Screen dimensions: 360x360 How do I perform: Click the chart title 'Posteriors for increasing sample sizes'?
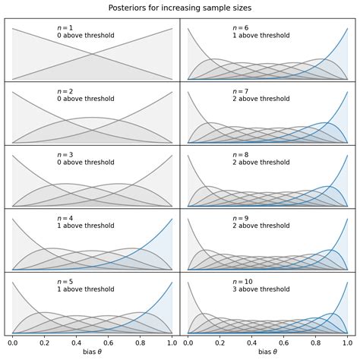pyautogui.click(x=180, y=8)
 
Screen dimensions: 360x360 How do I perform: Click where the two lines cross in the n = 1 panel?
pyautogui.click(x=93, y=53)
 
